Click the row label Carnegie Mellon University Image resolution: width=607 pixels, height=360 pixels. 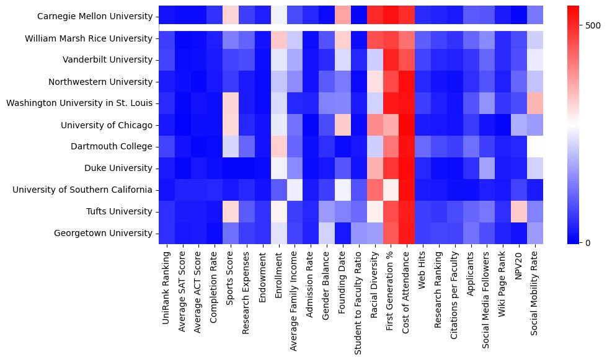click(x=95, y=17)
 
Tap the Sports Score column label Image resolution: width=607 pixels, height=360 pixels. click(x=231, y=279)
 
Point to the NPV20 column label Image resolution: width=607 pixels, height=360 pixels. click(x=520, y=267)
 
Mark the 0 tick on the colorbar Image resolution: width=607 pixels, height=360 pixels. click(x=578, y=242)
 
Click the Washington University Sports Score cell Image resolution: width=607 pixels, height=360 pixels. click(x=231, y=103)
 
